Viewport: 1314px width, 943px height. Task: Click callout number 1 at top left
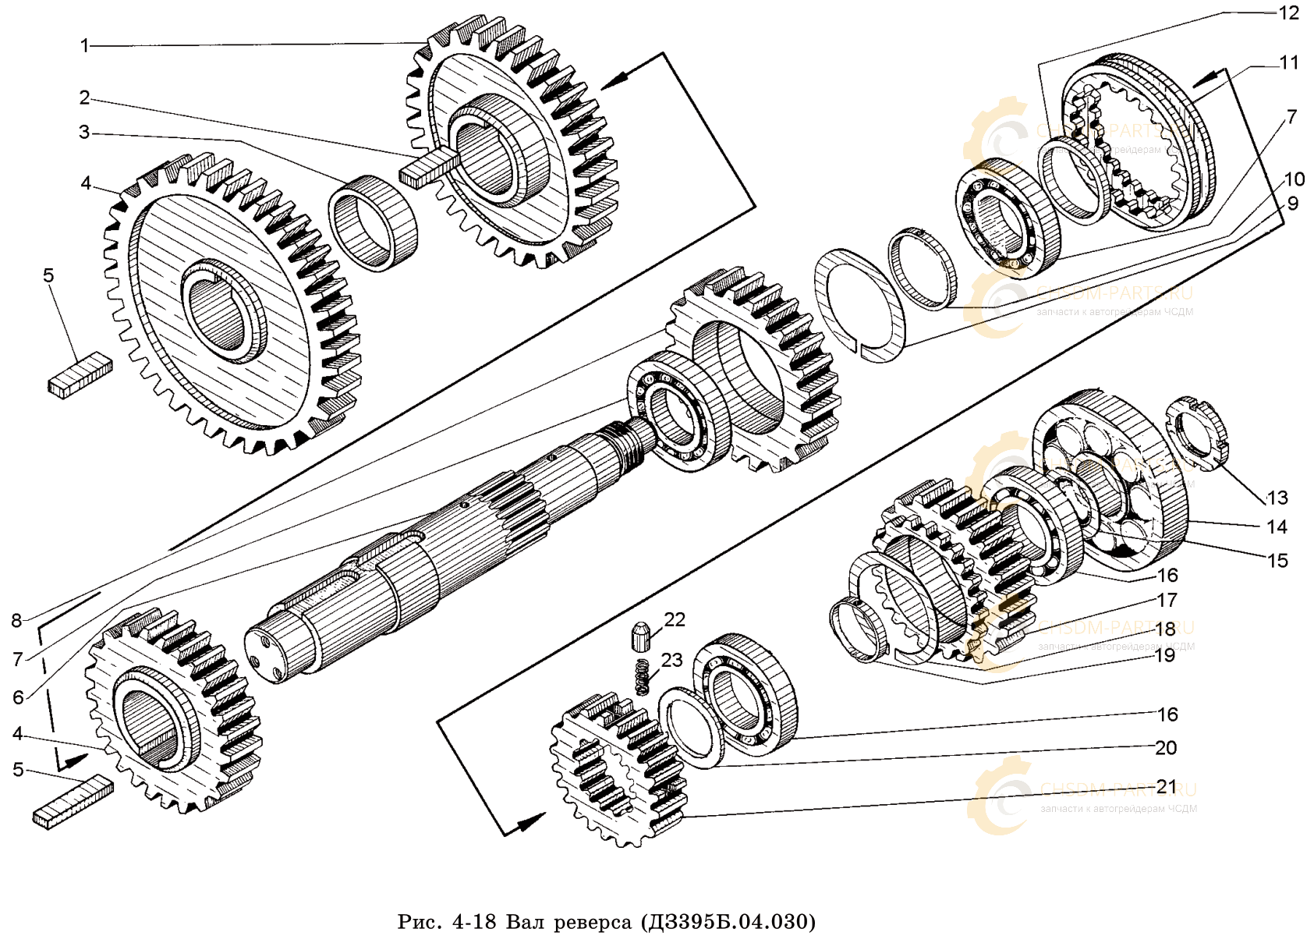pos(85,46)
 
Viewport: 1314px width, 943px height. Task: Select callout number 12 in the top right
pos(1288,12)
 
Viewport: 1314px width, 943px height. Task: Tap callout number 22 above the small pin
pos(674,619)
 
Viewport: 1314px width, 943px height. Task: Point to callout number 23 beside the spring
pos(671,660)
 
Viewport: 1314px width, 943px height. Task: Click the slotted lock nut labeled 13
pos(1196,434)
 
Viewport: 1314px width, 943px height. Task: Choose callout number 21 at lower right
pos(1166,786)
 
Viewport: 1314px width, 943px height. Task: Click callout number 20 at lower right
pos(1166,747)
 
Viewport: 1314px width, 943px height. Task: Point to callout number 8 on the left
pos(16,620)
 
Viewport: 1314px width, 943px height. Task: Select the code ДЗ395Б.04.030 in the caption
pos(728,922)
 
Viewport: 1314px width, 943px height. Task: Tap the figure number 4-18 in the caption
pos(474,922)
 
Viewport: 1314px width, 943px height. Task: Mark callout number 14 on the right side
pos(1276,526)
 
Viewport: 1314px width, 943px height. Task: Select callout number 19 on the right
pos(1164,655)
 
